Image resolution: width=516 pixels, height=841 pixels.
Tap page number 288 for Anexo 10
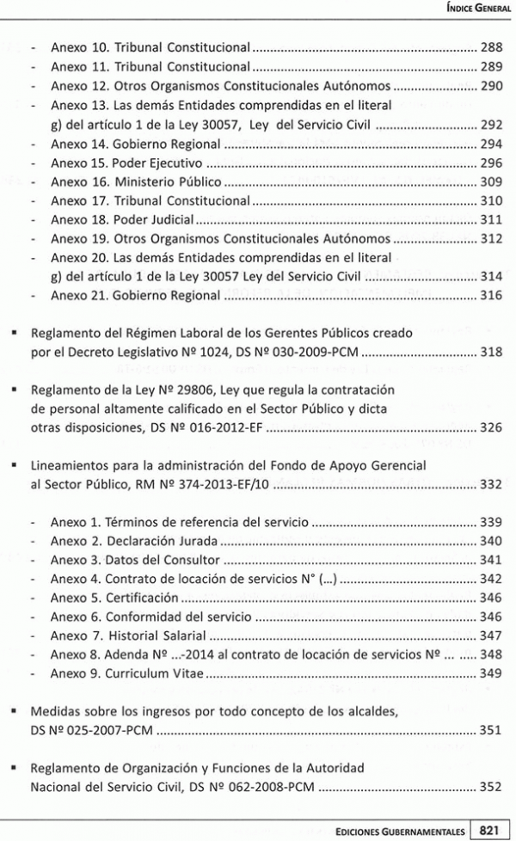(490, 48)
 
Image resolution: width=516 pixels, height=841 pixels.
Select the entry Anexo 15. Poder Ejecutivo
(126, 162)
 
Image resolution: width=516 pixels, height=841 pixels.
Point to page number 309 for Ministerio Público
(490, 181)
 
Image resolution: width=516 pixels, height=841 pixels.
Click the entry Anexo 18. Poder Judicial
(122, 219)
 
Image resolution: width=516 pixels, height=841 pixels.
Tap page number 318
(490, 351)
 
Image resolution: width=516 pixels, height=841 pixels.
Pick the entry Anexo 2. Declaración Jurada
(133, 541)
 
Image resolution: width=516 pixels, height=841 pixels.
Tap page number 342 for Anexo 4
(490, 579)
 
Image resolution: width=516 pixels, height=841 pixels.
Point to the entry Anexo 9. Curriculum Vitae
(126, 673)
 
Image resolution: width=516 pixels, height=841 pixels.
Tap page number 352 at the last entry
(490, 786)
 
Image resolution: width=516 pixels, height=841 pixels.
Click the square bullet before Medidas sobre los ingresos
(15, 712)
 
